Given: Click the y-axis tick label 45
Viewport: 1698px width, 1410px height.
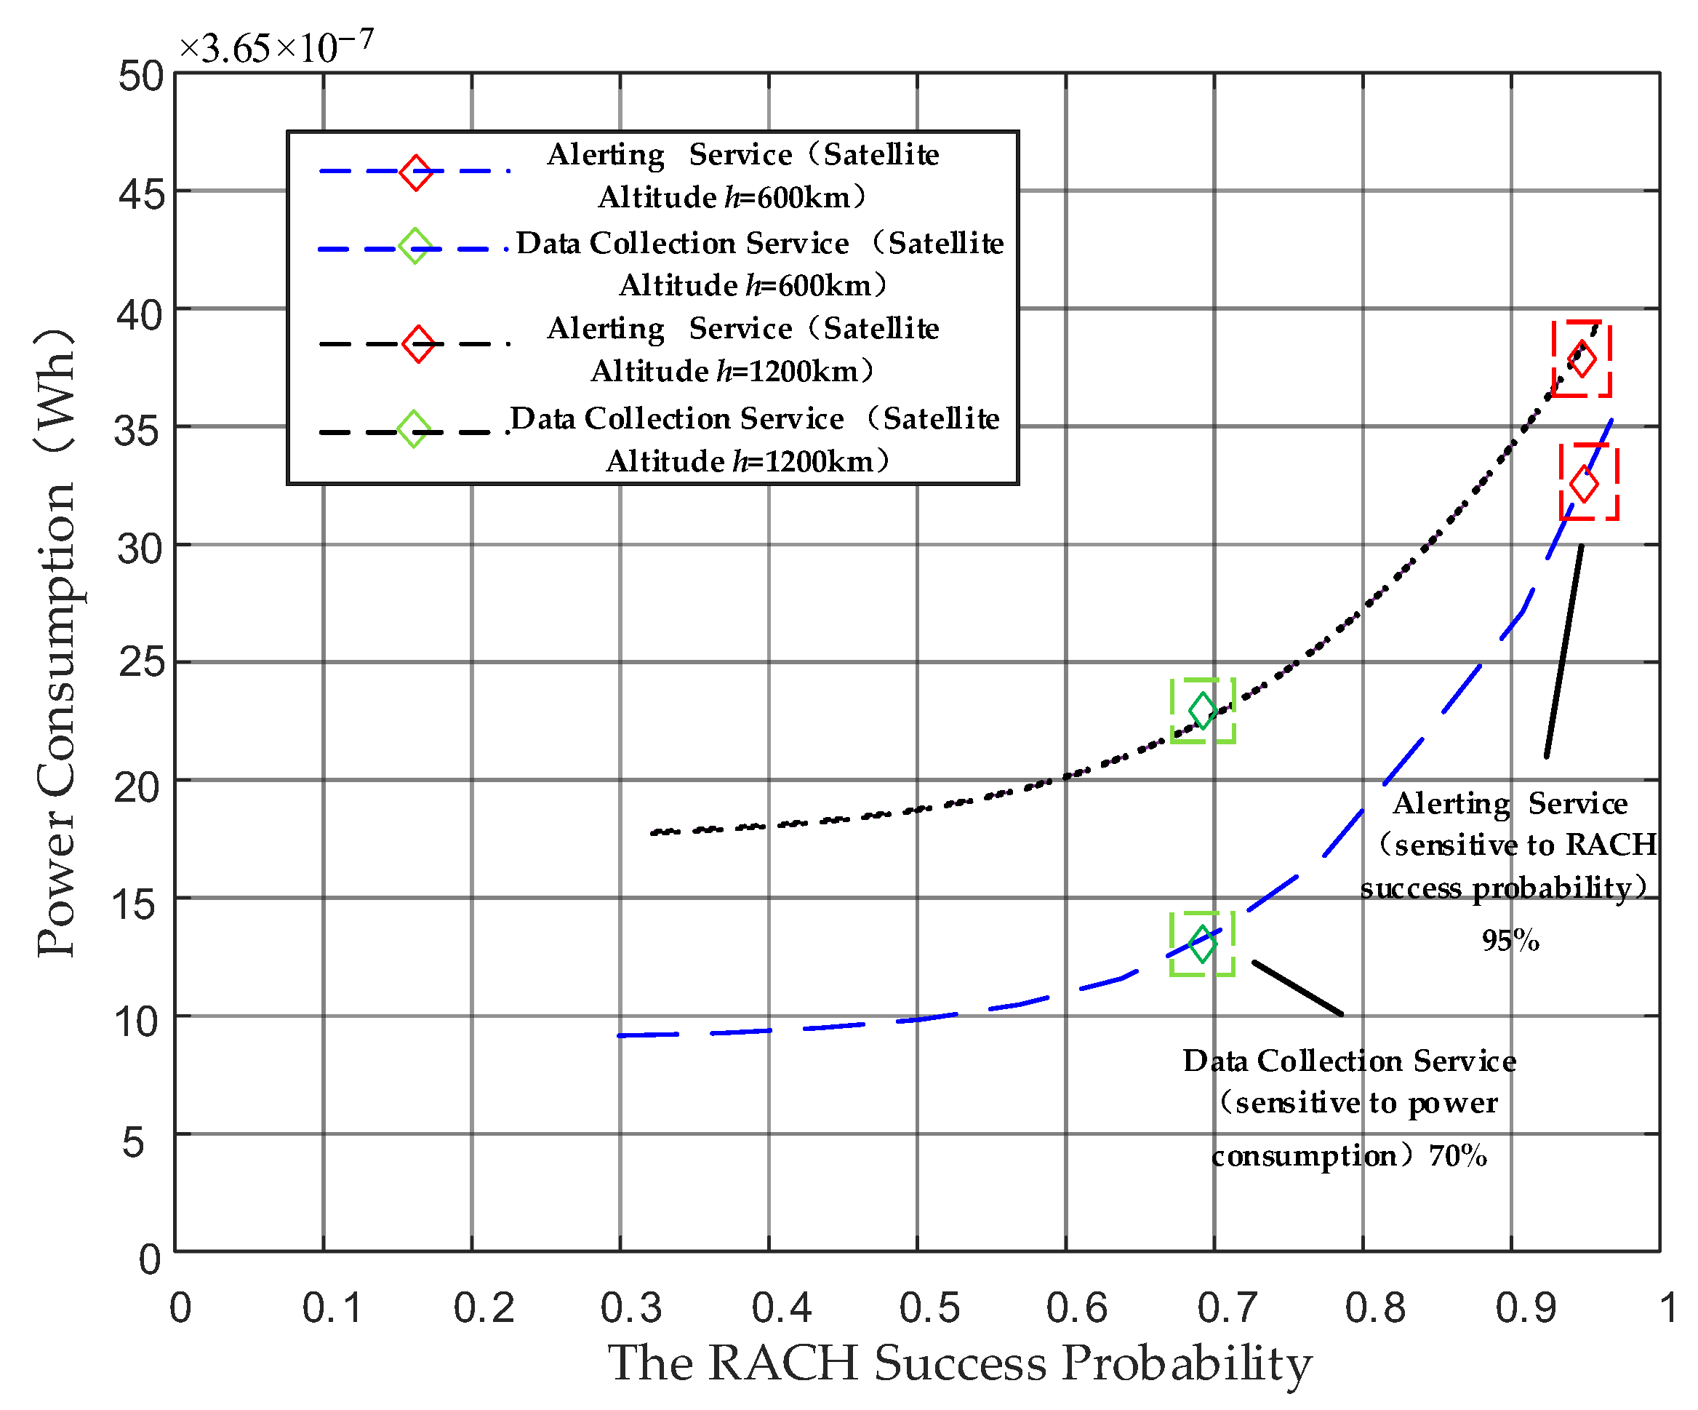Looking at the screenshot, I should click(x=142, y=194).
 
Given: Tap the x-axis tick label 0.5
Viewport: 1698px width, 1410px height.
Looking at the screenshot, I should click(x=929, y=1308).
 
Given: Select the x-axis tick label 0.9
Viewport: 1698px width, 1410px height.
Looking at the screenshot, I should click(x=1525, y=1308).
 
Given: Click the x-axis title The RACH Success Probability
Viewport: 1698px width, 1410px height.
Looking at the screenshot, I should click(x=959, y=1363).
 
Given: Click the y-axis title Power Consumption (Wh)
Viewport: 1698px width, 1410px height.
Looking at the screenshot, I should click(x=57, y=643).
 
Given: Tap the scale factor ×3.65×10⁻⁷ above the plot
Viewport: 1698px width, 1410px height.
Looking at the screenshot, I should click(x=276, y=47).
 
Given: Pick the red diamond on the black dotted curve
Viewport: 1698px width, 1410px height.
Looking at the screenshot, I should click(x=1582, y=359).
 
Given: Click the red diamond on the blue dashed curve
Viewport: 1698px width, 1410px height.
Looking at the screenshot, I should click(x=1584, y=484).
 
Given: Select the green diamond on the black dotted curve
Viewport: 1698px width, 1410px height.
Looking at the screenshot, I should click(x=1202, y=710).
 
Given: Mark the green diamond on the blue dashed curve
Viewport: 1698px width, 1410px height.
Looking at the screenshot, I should click(x=1202, y=943).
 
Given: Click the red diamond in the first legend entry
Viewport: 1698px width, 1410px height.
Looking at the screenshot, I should click(x=416, y=172).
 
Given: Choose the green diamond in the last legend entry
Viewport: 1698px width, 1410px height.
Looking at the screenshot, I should click(x=413, y=429).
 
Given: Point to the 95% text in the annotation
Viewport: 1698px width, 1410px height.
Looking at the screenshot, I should click(x=1510, y=940).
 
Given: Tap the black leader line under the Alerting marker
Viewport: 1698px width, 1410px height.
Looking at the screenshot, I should click(x=1563, y=651).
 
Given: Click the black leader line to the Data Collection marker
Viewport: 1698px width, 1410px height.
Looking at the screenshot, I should click(x=1297, y=988).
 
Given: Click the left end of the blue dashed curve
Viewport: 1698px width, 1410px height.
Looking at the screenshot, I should click(x=621, y=1035).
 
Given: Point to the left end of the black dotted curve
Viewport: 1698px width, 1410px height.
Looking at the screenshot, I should click(x=653, y=832).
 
